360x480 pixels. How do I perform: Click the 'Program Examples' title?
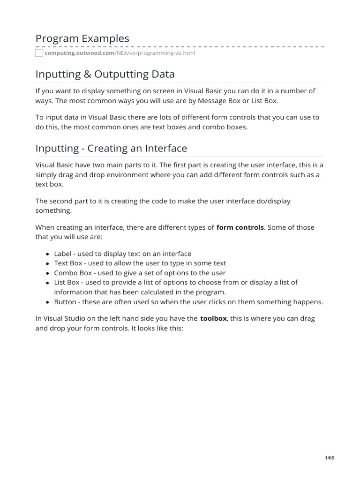click(x=82, y=38)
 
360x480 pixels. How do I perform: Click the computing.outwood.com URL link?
click(x=120, y=53)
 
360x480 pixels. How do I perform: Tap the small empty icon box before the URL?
click(x=39, y=53)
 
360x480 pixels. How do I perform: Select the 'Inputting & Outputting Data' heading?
click(x=105, y=74)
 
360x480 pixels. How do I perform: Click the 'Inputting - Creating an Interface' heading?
click(x=111, y=148)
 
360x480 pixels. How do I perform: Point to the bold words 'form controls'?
click(x=240, y=227)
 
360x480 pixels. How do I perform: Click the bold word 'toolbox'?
click(x=214, y=318)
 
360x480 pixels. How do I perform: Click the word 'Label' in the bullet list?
click(x=63, y=254)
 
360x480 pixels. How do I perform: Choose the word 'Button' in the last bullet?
click(x=65, y=302)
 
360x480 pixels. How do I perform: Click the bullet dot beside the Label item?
click(x=48, y=254)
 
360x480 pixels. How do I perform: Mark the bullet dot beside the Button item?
click(x=48, y=302)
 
